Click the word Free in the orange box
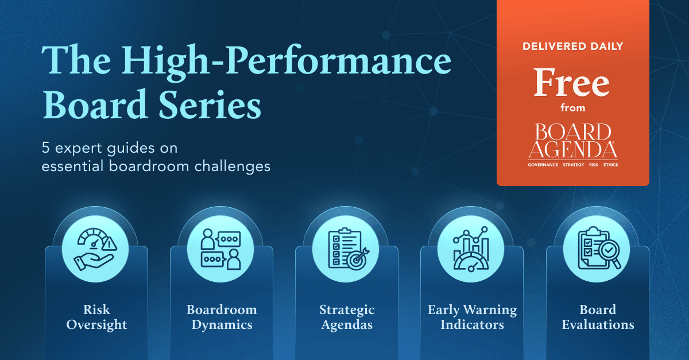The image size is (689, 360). pyautogui.click(x=572, y=83)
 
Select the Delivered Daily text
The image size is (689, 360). pyautogui.click(x=572, y=47)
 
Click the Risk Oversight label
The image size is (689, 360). pyautogui.click(x=96, y=318)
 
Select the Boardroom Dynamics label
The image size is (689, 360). pyautogui.click(x=222, y=318)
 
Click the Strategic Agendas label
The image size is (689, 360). pyautogui.click(x=347, y=318)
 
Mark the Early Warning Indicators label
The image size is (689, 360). pyautogui.click(x=472, y=318)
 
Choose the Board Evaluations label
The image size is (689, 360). pyautogui.click(x=598, y=318)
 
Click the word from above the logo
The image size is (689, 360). pyautogui.click(x=572, y=107)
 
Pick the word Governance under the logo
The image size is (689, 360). pyautogui.click(x=542, y=165)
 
